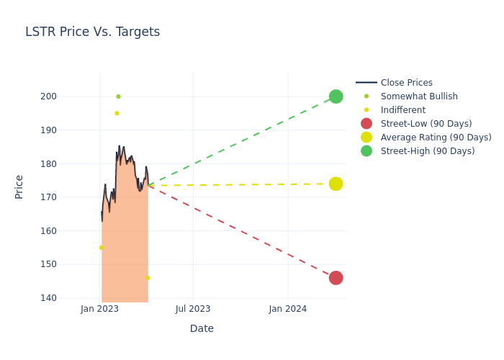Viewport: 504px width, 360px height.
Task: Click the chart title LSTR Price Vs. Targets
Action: coord(92,32)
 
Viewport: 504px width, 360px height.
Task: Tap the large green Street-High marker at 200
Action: coord(336,96)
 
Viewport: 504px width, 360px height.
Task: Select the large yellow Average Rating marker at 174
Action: coord(336,184)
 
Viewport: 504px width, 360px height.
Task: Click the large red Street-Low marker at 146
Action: coord(336,278)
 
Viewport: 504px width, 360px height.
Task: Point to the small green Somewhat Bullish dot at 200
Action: coord(118,96)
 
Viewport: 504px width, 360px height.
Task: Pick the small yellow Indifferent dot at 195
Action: coord(117,113)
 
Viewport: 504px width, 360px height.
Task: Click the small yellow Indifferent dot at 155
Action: coord(101,248)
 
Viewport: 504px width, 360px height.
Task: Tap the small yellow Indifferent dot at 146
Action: coord(148,278)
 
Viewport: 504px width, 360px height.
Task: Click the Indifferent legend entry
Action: coord(402,110)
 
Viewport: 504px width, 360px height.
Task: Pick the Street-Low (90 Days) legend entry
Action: coord(426,124)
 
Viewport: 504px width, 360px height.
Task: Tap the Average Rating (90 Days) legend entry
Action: coord(436,138)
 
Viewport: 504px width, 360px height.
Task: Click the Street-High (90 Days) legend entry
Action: coord(427,151)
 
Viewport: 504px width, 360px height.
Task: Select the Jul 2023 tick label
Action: coord(193,309)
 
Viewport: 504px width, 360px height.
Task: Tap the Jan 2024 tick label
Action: coord(287,309)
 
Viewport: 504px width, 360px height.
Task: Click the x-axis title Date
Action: coord(202,328)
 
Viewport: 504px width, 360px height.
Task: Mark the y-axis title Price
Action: coord(19,186)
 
